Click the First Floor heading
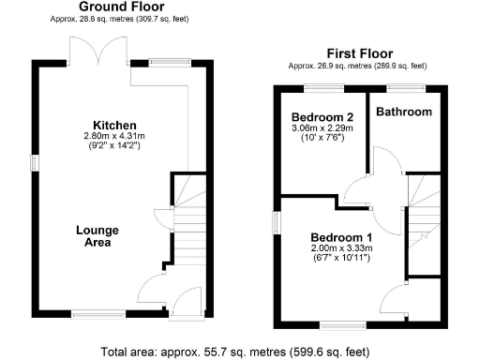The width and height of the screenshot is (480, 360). (x=358, y=53)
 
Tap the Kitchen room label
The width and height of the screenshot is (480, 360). (x=115, y=125)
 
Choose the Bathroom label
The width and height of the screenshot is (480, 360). (x=404, y=112)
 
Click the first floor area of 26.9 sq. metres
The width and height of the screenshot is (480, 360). (x=358, y=66)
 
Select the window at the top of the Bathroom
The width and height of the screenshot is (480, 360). (x=405, y=87)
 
